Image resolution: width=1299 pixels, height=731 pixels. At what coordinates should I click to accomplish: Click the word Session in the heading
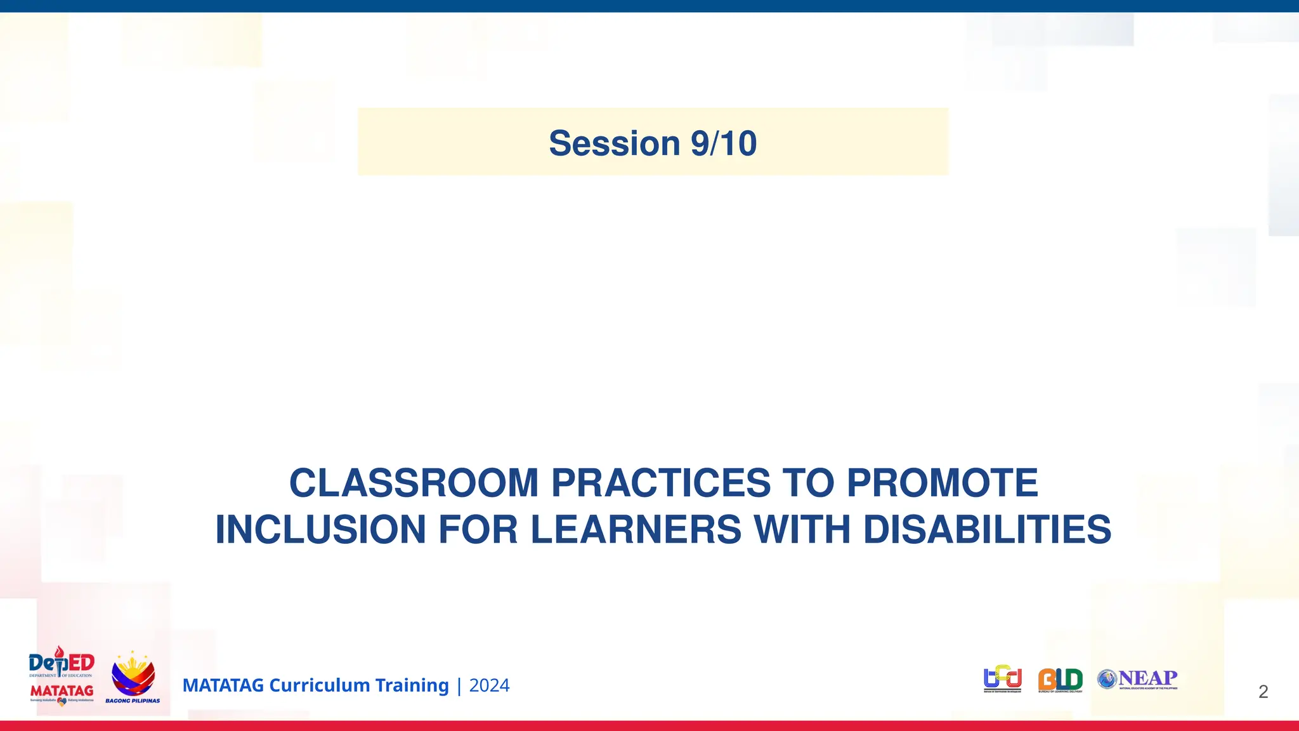[614, 143]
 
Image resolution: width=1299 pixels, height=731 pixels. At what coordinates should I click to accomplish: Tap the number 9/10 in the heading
[724, 143]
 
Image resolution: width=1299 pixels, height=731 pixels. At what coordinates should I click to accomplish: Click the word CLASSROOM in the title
[414, 483]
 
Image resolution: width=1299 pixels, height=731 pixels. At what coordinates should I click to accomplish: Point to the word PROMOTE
[942, 483]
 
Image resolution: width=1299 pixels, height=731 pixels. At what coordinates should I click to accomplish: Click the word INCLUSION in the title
[320, 530]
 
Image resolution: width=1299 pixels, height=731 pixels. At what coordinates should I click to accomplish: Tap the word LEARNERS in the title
[636, 530]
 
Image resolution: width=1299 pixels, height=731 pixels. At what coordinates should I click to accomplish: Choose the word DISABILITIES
[987, 530]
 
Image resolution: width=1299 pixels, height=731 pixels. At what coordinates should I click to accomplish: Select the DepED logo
[62, 663]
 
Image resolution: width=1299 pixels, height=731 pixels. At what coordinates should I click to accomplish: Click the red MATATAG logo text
[62, 690]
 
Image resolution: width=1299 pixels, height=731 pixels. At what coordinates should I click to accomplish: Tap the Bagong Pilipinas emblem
[133, 676]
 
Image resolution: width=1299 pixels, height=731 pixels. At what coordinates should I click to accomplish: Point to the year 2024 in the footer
[489, 685]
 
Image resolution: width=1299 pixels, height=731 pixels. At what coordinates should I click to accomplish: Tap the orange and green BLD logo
[1060, 680]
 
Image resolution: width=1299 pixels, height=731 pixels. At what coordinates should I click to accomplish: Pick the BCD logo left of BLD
[1002, 679]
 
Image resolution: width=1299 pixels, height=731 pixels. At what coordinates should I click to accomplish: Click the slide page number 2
[1263, 692]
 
